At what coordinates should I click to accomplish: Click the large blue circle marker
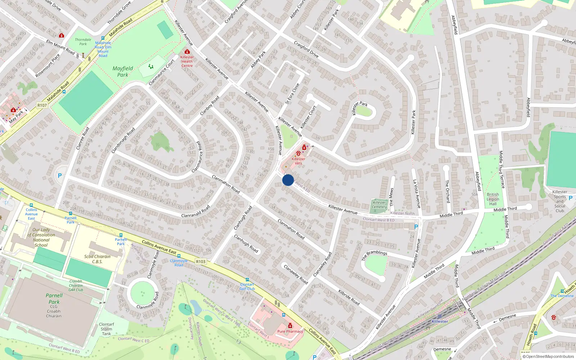point(288,180)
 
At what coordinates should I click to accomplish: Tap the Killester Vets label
point(298,161)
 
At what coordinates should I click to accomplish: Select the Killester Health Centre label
point(187,61)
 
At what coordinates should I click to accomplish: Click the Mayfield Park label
point(123,71)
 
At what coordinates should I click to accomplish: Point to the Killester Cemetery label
point(379,204)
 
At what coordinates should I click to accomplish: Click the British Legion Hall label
point(493,199)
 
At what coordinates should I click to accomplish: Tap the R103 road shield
point(201,262)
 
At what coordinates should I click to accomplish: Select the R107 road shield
point(42,105)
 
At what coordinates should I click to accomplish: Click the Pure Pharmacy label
point(290,331)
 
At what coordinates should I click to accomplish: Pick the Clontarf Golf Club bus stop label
point(247,287)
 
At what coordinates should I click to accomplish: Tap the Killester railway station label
point(440,321)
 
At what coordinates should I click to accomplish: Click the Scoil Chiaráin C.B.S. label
point(97,259)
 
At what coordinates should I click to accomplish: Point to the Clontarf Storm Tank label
point(107,329)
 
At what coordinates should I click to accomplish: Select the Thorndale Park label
point(83,42)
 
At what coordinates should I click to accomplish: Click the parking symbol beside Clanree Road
point(60,176)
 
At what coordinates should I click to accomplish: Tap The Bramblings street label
point(374,255)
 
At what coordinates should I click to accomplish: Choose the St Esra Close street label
point(292,94)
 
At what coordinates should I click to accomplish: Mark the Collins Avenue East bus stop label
point(31,214)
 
